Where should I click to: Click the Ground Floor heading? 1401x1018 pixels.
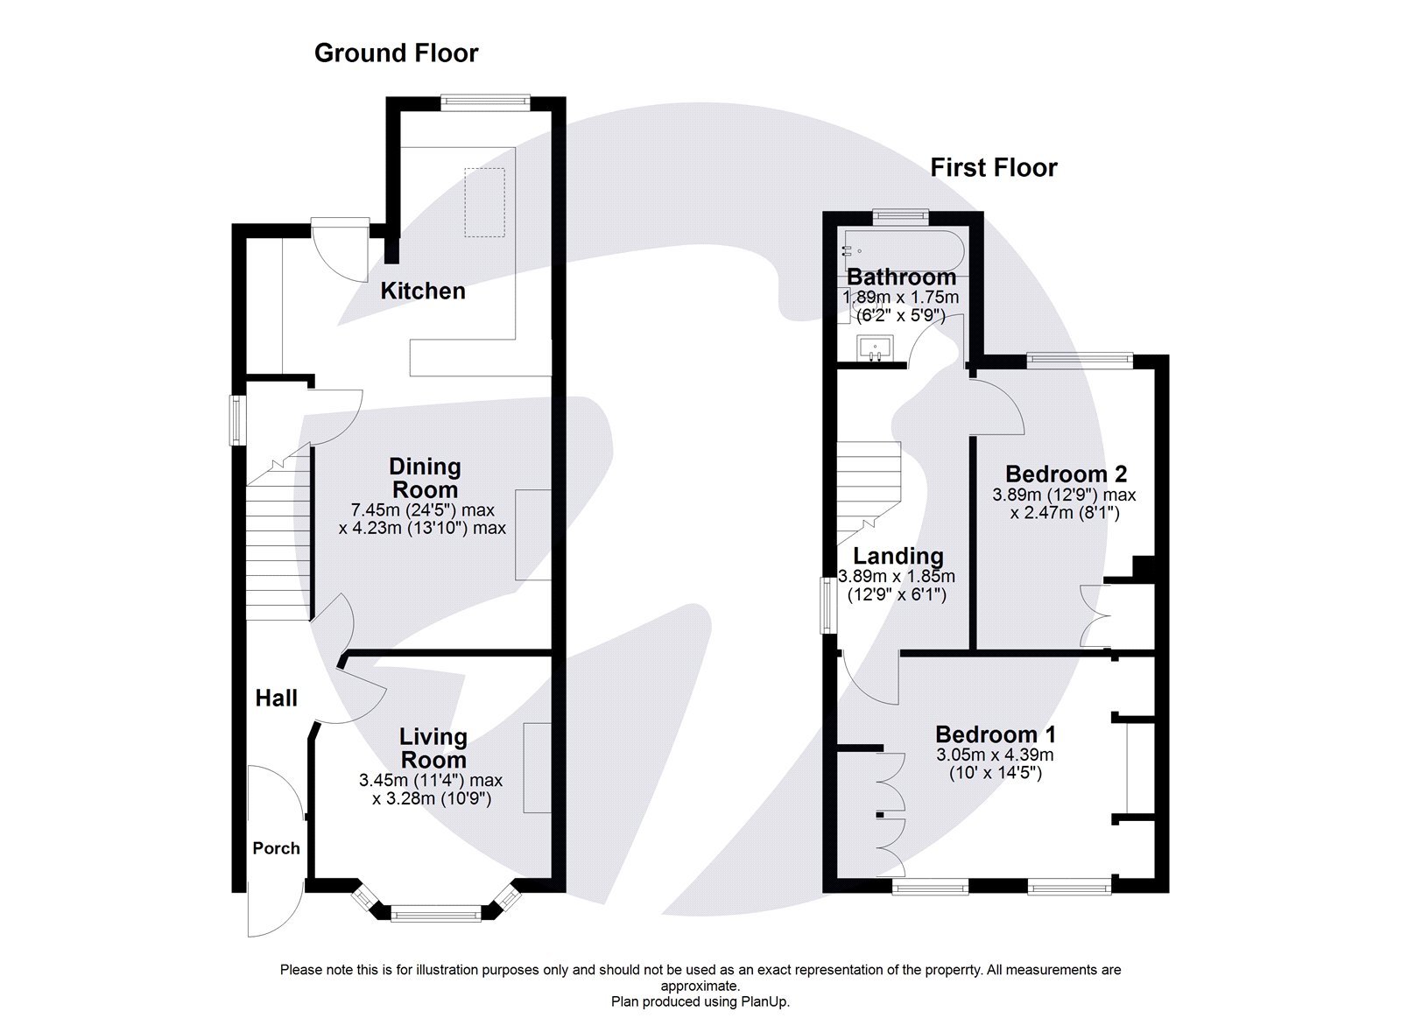pyautogui.click(x=396, y=53)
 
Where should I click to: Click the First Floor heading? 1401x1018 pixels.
pyautogui.click(x=993, y=167)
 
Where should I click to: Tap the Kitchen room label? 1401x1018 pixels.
pyautogui.click(x=422, y=291)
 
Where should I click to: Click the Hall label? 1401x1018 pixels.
pyautogui.click(x=276, y=698)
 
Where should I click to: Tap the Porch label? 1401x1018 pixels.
pyautogui.click(x=276, y=847)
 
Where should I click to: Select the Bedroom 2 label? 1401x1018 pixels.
pyautogui.click(x=1065, y=474)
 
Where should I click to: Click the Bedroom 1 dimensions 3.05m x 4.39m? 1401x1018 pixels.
pyautogui.click(x=995, y=755)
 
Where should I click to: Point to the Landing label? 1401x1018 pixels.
pyautogui.click(x=898, y=556)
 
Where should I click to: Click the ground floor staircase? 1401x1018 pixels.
pyautogui.click(x=278, y=543)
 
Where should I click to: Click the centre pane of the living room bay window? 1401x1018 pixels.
pyautogui.click(x=435, y=915)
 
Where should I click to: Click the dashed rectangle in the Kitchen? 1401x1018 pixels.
pyautogui.click(x=484, y=202)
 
